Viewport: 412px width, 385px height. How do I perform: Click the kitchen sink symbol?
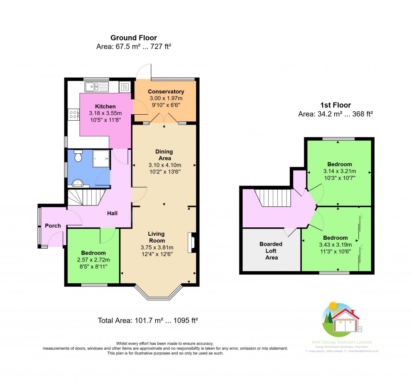coord(97,86)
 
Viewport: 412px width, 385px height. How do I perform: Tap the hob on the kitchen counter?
coord(74,115)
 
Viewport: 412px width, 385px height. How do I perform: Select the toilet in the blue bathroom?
coord(78,156)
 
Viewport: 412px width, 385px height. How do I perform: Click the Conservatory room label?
coord(166,92)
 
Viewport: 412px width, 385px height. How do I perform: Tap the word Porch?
coord(53,226)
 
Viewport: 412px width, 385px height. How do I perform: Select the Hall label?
coord(112,213)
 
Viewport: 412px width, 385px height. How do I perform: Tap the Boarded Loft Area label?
coord(271,251)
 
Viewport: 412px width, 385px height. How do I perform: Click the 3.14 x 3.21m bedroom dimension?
coord(340,171)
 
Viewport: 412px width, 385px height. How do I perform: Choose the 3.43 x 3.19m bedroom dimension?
coord(333,245)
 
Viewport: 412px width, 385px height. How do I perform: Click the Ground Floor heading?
coord(134,38)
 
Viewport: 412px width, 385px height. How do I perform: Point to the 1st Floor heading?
coord(336,105)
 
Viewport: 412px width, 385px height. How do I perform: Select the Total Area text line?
coord(148,321)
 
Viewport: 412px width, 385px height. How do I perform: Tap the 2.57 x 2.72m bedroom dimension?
coord(93,259)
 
